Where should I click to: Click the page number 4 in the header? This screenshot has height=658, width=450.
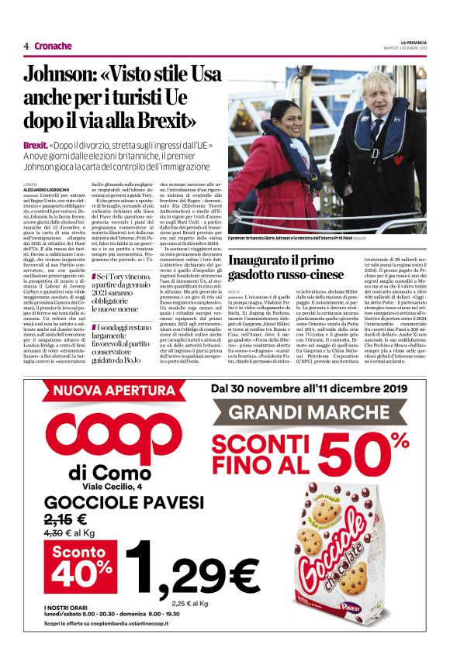point(26,46)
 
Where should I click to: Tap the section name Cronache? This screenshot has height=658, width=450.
point(53,46)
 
